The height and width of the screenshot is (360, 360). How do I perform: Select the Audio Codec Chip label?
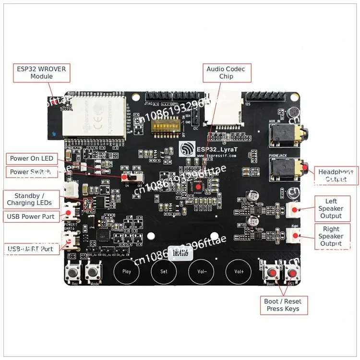pyautogui.click(x=226, y=73)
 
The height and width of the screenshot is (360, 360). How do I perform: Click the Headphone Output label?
pyautogui.click(x=336, y=175)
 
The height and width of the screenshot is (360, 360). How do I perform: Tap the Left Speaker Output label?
pyautogui.click(x=331, y=209)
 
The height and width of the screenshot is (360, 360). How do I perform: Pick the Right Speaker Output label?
pyautogui.click(x=331, y=236)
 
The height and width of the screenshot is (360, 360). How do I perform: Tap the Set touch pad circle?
pyautogui.click(x=164, y=271)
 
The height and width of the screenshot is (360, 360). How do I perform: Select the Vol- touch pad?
pyautogui.click(x=202, y=271)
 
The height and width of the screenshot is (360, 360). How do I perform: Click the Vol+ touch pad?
pyautogui.click(x=239, y=271)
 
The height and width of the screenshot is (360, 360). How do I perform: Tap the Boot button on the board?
pyautogui.click(x=272, y=273)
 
